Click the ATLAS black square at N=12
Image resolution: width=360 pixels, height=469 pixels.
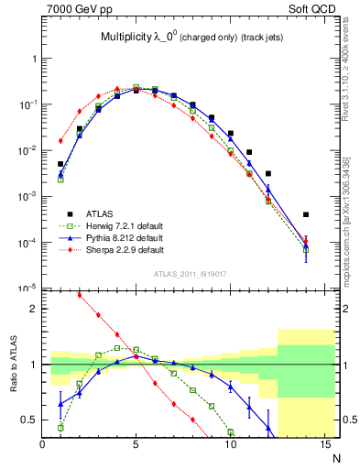click(268, 173)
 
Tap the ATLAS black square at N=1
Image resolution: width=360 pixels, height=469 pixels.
click(60, 164)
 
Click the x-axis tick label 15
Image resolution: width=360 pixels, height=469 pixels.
click(324, 445)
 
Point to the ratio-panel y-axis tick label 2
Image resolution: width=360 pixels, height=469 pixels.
click(33, 309)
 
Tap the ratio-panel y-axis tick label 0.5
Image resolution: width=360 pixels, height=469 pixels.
click(29, 420)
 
